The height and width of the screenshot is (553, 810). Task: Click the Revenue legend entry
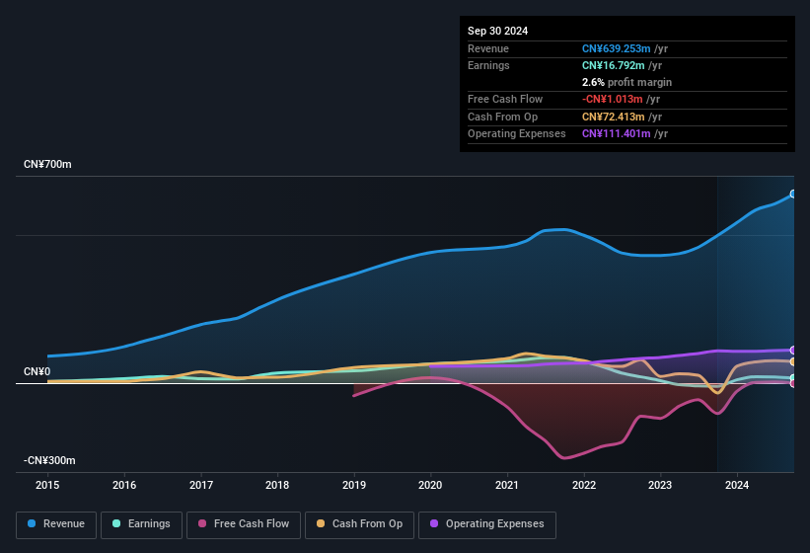tap(56, 523)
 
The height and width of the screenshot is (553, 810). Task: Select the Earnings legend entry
tap(141, 523)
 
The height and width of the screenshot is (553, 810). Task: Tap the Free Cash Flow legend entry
tap(245, 523)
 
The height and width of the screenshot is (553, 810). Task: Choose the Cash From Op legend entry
tap(359, 523)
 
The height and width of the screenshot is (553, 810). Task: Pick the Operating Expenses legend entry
tap(487, 523)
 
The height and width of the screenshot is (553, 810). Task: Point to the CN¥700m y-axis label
tap(48, 164)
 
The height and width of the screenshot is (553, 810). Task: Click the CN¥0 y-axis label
tap(37, 371)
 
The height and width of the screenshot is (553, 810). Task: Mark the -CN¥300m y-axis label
tap(50, 460)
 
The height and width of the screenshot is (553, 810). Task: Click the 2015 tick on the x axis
tap(47, 485)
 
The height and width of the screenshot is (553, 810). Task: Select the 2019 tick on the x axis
tap(353, 485)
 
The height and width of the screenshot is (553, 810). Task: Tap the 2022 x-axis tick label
tap(583, 485)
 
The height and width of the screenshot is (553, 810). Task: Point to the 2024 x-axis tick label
tap(736, 485)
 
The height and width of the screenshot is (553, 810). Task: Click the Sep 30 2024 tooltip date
tap(497, 31)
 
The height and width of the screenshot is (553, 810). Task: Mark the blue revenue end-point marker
tap(793, 194)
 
